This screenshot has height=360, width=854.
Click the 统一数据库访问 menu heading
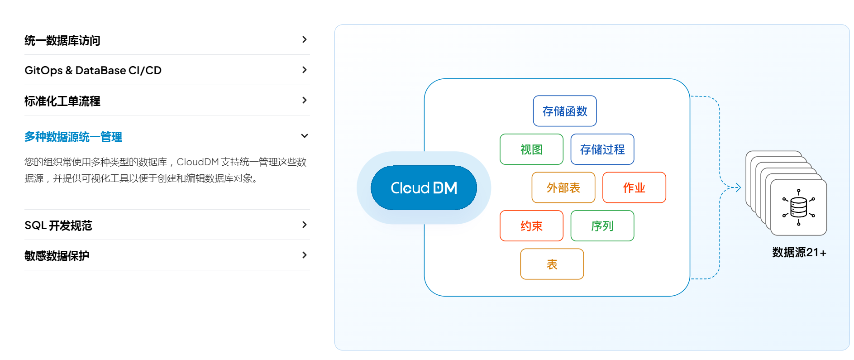tap(62, 40)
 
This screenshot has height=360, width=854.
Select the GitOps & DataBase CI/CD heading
tap(93, 70)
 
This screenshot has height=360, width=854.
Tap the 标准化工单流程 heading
tap(62, 101)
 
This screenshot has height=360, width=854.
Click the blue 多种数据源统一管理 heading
tap(73, 136)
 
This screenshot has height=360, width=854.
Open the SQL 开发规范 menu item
tap(58, 225)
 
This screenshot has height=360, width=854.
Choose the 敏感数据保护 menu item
tap(57, 255)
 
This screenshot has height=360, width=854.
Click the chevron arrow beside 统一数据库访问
tap(305, 40)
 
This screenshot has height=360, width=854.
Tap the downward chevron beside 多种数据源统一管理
tap(305, 136)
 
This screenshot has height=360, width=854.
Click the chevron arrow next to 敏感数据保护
tap(305, 255)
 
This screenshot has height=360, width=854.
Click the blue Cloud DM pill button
tap(424, 187)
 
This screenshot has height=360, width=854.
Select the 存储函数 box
tap(565, 111)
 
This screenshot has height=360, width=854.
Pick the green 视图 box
tap(531, 149)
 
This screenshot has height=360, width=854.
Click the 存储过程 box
tap(602, 149)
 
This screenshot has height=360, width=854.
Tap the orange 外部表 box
tap(563, 187)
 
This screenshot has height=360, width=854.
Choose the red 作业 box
tap(634, 187)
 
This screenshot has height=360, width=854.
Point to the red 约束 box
tap(531, 226)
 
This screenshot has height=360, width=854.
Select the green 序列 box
tap(602, 226)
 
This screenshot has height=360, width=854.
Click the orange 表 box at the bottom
tap(552, 264)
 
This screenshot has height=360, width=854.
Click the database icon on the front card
tap(799, 207)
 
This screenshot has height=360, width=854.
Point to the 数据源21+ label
tap(799, 252)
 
